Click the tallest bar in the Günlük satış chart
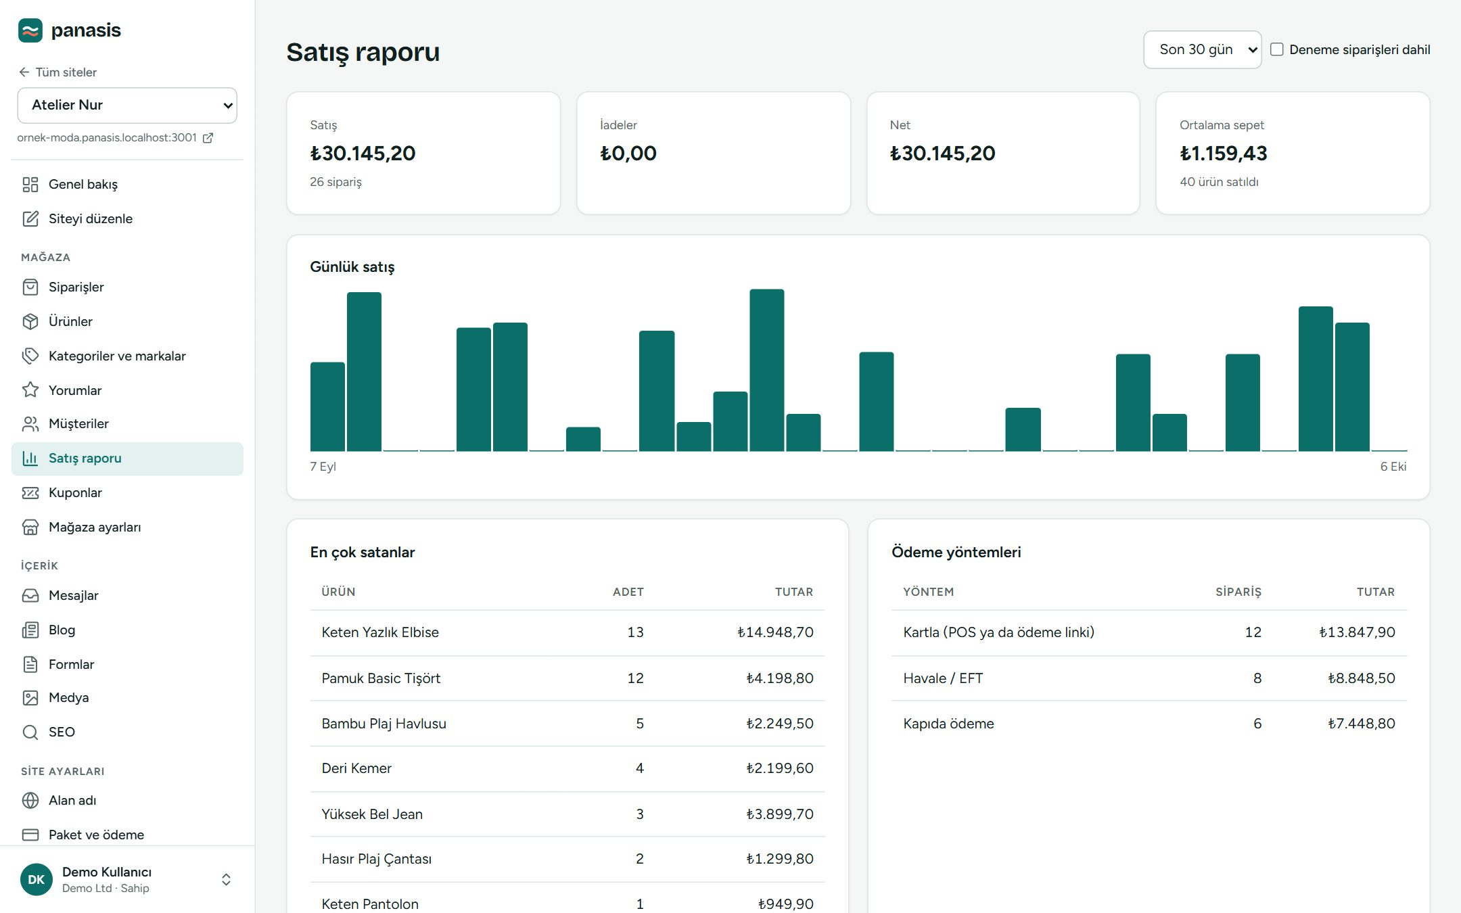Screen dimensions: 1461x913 766,370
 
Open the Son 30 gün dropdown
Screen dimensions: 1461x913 1202,49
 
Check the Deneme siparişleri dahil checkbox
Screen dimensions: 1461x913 1276,49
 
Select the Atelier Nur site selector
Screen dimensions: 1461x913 127,105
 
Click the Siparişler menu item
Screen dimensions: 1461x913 76,287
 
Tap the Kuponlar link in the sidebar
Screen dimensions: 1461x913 75,492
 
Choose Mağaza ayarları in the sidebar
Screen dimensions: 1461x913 95,527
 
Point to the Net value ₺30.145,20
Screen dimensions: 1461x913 942,154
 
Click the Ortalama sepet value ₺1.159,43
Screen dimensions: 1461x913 1223,154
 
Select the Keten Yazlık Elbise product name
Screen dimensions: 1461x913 380,632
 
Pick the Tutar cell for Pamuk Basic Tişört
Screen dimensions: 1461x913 779,678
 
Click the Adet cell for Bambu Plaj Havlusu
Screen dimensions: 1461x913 640,724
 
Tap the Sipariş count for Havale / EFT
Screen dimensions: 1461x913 1257,678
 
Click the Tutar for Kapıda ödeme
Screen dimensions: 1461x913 1361,724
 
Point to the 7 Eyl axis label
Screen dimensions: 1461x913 323,467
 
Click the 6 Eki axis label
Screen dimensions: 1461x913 1393,467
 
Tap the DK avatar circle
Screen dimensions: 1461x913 37,879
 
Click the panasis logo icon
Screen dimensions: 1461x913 30,30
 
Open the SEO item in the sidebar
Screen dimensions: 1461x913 62,732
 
